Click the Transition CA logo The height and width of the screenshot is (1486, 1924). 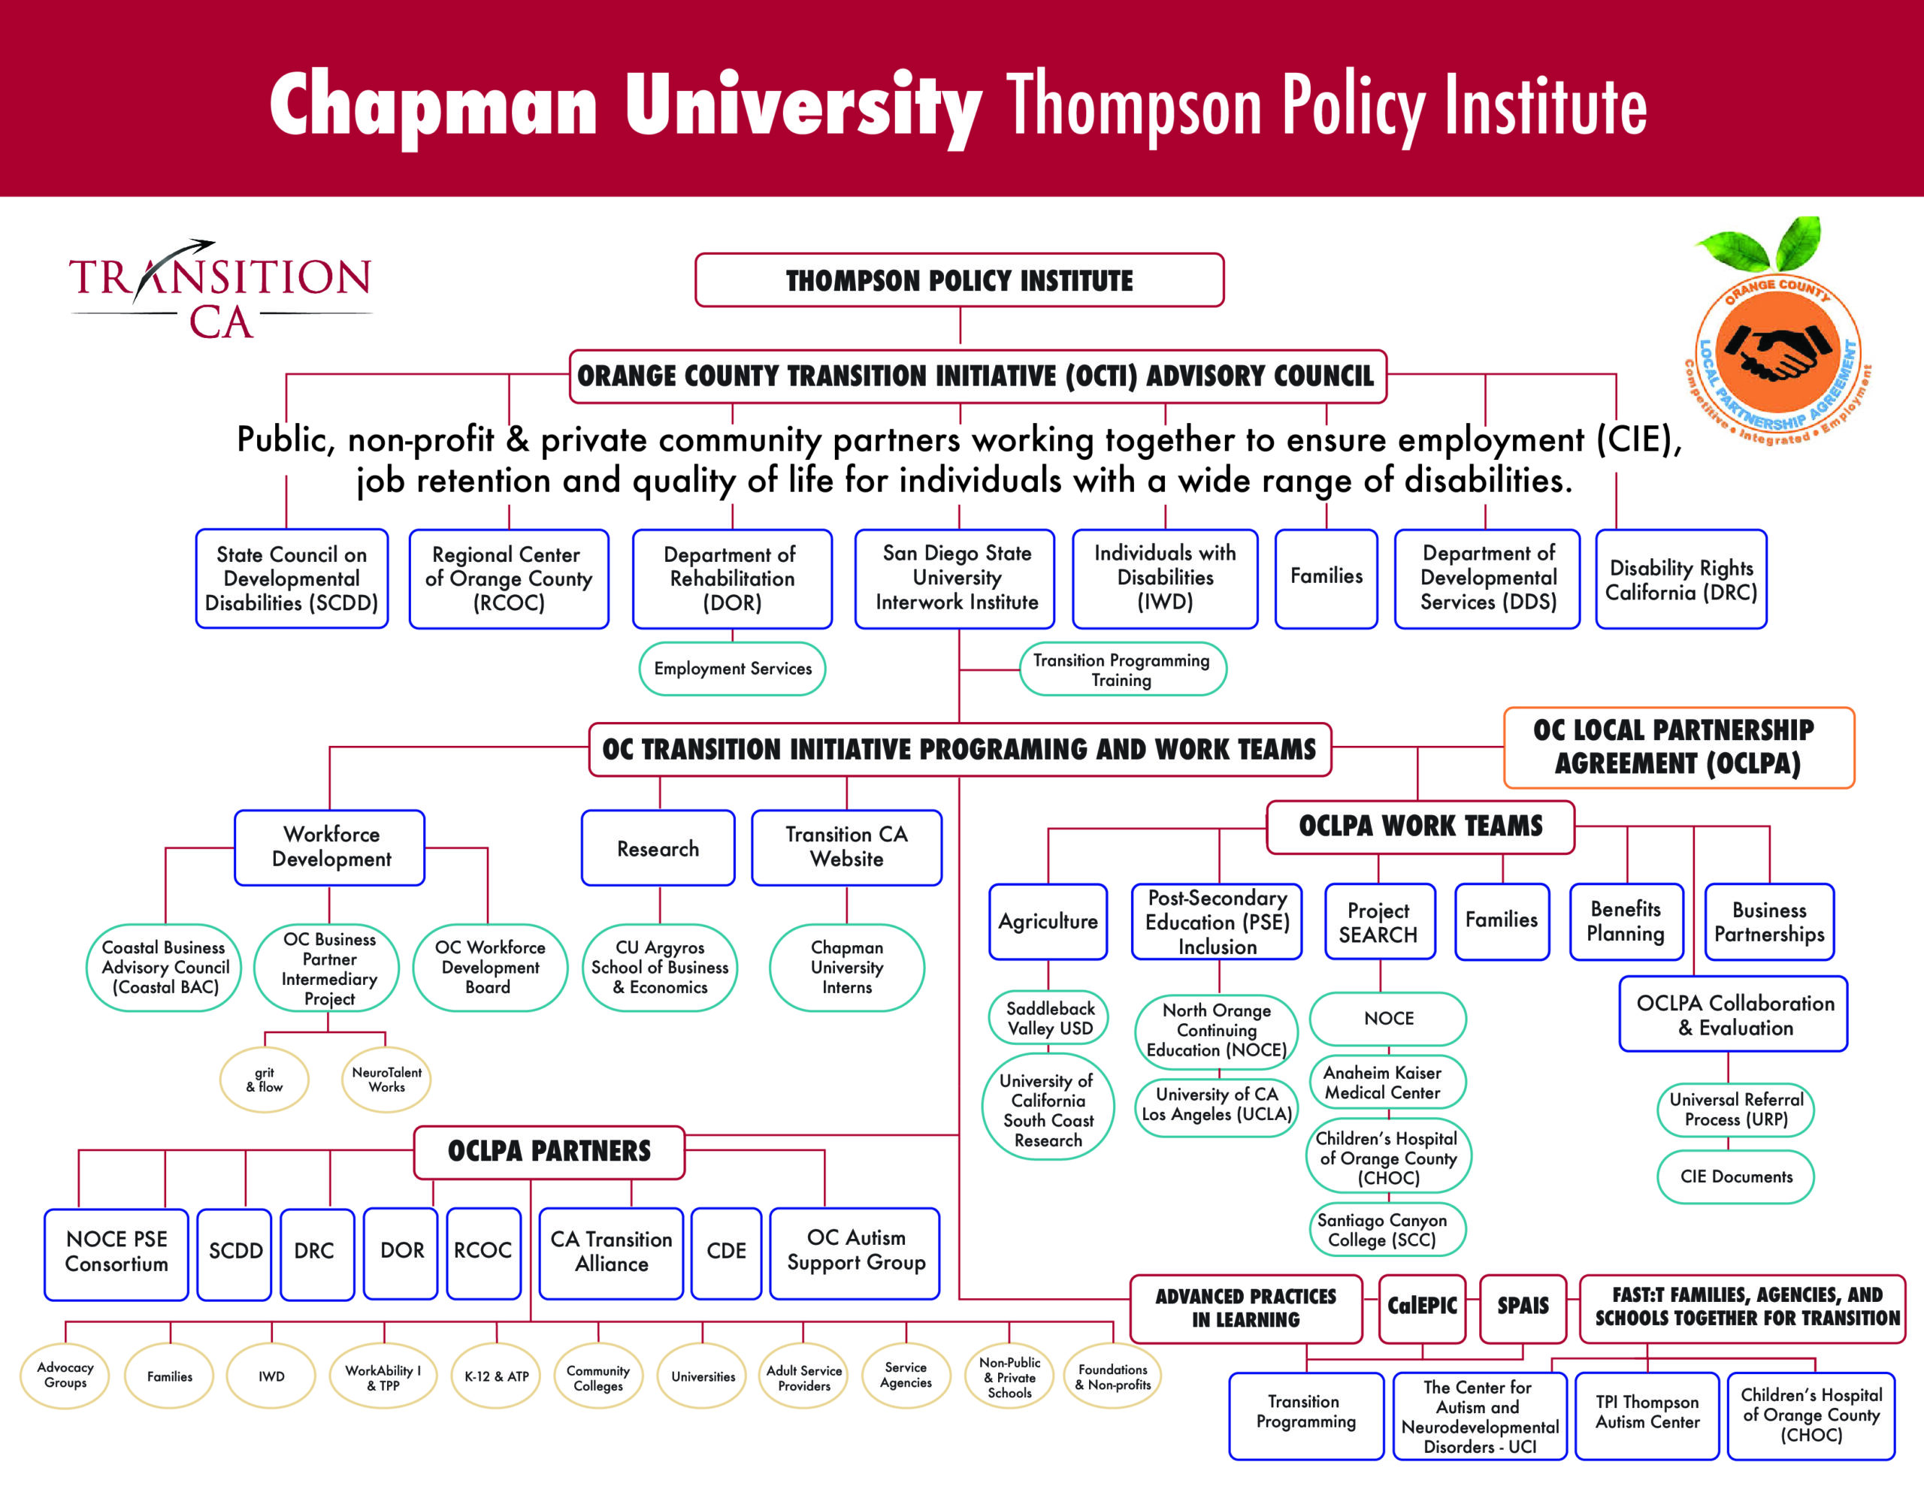220,289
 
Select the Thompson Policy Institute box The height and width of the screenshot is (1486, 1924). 959,280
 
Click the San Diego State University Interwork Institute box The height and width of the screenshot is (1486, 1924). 955,578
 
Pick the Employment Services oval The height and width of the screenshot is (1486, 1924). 732,669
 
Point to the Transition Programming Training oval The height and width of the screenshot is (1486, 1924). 1122,669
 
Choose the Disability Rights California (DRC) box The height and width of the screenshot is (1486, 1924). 1680,578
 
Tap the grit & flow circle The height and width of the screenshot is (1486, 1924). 265,1080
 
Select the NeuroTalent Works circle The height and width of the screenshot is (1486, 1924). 387,1080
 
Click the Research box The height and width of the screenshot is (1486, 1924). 658,847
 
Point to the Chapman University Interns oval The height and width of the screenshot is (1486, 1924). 846,967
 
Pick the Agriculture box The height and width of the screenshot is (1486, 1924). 1048,921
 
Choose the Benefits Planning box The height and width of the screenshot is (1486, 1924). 1626,921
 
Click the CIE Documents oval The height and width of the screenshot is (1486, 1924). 1735,1176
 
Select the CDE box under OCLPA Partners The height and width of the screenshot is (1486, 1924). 726,1252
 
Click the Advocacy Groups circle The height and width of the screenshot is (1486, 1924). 65,1376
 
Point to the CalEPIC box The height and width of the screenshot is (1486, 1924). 1422,1308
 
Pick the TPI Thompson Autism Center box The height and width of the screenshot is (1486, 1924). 1647,1415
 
